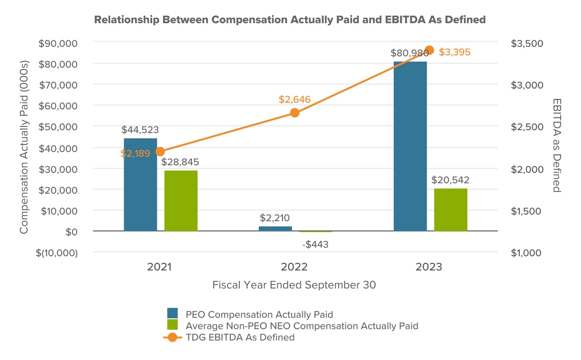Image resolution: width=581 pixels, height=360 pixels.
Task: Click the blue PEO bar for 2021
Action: (x=140, y=185)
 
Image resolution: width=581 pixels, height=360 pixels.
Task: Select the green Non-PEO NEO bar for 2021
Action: (x=181, y=201)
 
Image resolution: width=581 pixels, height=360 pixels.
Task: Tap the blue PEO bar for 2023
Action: (x=410, y=146)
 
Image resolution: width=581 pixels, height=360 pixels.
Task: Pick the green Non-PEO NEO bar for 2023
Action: (x=450, y=210)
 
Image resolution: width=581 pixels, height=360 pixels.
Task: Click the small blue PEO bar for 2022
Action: (x=275, y=229)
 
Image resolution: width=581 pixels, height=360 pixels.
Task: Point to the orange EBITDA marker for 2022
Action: (x=295, y=113)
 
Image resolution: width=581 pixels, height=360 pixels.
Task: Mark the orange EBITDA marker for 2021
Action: (x=160, y=152)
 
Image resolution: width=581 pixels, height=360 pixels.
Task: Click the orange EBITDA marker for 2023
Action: (x=429, y=50)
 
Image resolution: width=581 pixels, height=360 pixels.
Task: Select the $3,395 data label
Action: (x=454, y=52)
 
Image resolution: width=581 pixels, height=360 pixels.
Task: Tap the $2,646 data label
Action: (x=294, y=99)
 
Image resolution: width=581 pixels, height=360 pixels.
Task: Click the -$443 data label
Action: (x=315, y=244)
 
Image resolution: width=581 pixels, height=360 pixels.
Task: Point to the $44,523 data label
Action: (x=140, y=129)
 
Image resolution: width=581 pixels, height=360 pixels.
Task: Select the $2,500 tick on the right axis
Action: (x=527, y=127)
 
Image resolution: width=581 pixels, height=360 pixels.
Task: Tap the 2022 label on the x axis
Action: (x=294, y=267)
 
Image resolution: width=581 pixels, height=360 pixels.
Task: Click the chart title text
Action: (x=290, y=20)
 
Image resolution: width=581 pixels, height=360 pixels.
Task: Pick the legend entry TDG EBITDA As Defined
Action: (x=240, y=337)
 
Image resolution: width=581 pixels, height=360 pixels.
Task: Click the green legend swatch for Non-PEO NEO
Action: (x=172, y=325)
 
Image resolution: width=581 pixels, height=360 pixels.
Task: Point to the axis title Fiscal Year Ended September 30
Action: (x=294, y=285)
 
